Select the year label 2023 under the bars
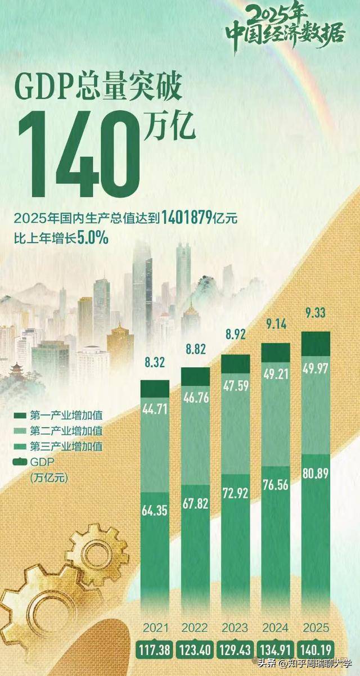pyautogui.click(x=236, y=628)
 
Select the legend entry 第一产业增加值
pyautogui.click(x=67, y=417)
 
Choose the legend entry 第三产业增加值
pyautogui.click(x=67, y=447)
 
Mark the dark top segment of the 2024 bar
pyautogui.click(x=276, y=352)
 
